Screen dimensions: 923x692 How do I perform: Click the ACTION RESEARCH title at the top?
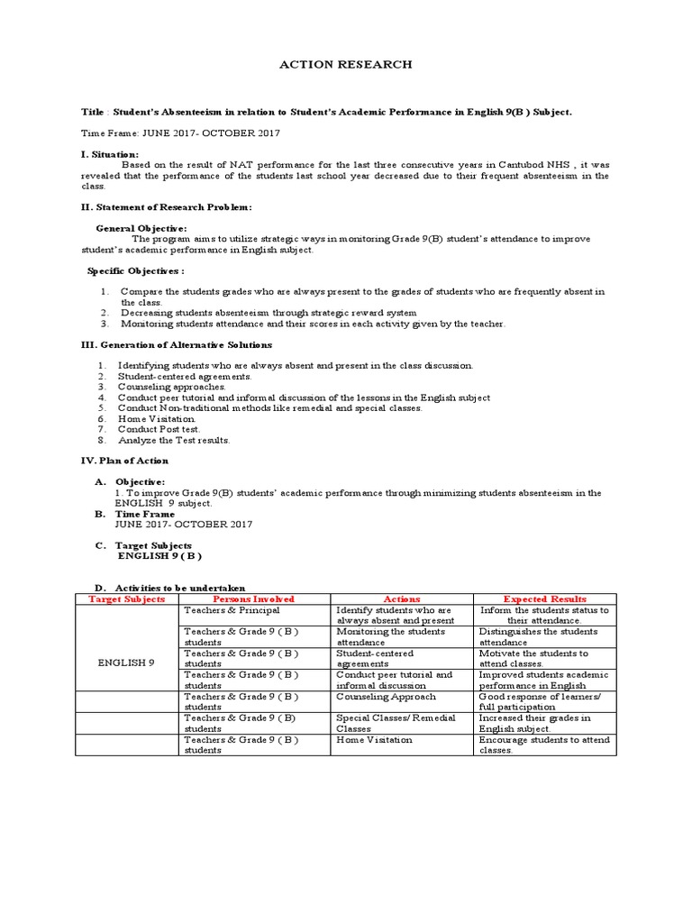coord(346,65)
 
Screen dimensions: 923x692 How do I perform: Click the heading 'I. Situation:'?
coord(110,155)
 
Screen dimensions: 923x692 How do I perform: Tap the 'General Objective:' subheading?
coord(141,229)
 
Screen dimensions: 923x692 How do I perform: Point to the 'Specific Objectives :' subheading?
coord(136,270)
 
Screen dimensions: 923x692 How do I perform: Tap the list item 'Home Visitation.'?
coord(157,419)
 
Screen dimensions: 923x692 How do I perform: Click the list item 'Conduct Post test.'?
coord(159,430)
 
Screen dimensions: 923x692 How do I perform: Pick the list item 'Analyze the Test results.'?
coord(175,441)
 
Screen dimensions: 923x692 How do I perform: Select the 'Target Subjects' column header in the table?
coord(126,599)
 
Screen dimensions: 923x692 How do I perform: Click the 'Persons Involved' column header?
coord(253,599)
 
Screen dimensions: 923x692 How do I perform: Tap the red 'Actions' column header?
coord(402,599)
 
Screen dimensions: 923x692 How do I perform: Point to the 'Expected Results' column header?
coord(544,599)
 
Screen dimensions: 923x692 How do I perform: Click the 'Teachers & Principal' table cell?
coord(232,610)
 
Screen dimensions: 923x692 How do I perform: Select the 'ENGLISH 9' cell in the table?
coord(126,663)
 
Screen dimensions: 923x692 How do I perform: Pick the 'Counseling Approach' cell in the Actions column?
coord(386,697)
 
